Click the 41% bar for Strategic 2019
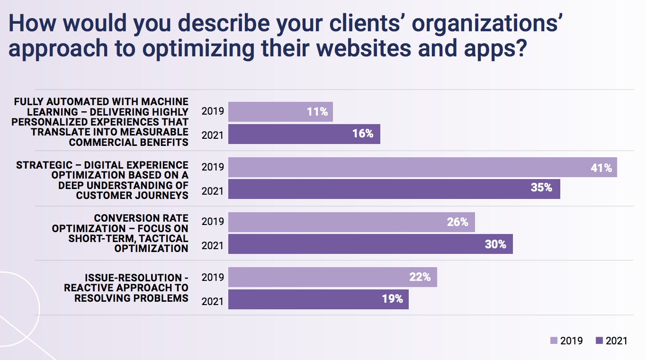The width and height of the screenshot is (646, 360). (422, 167)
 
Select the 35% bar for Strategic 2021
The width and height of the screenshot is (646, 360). (394, 189)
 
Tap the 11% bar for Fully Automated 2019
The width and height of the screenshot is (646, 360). (280, 112)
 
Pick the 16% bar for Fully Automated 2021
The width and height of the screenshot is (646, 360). (304, 134)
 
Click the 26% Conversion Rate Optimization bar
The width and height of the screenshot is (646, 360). (351, 222)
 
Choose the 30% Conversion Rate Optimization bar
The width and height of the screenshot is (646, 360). (370, 244)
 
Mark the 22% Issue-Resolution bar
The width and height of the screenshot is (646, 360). (332, 277)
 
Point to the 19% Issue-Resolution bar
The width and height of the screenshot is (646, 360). (318, 299)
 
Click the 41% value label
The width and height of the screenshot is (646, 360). (601, 168)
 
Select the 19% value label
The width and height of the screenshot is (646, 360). (393, 299)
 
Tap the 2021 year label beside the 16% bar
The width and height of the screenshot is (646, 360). (212, 135)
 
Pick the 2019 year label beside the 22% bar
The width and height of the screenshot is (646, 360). (212, 277)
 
